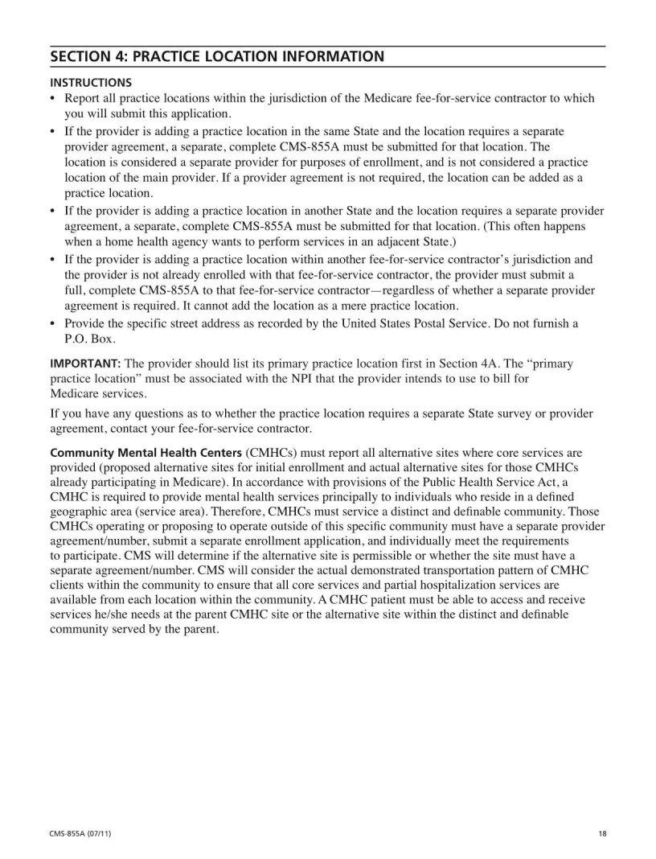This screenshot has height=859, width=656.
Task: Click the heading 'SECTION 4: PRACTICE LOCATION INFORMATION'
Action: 216,56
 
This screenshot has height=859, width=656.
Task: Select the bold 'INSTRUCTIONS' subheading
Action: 91,82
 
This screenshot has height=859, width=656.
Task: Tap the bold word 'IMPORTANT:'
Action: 85,364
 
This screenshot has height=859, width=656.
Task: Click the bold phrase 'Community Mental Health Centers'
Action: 146,453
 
